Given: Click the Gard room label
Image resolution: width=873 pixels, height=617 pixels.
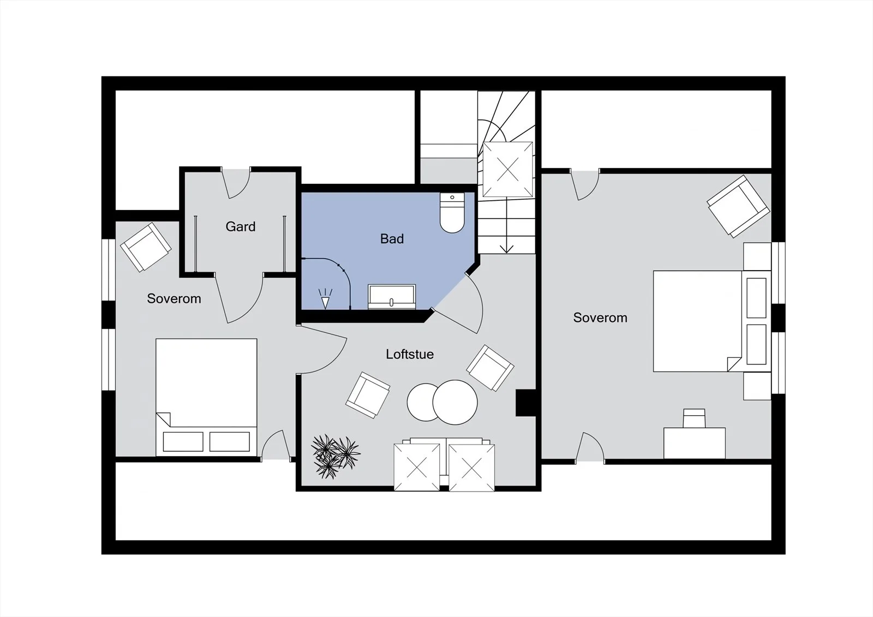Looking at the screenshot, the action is point(241,226).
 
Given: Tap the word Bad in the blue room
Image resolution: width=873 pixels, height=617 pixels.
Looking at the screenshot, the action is point(392,238).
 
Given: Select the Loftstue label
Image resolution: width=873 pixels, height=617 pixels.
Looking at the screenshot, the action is point(410,354).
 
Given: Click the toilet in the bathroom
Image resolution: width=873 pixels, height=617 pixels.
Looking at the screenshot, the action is point(452,212).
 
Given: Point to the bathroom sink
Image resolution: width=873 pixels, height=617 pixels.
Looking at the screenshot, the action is point(392,297).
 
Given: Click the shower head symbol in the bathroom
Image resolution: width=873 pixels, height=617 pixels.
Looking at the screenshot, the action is point(325,298).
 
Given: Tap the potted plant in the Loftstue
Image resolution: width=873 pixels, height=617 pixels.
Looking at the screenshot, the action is point(335,457).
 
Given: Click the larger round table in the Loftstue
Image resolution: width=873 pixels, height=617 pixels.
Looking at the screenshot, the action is point(455,402).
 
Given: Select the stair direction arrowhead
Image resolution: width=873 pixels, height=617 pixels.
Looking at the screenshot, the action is point(506,249).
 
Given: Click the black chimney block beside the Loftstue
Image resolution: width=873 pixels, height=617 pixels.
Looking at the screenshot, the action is point(526,403).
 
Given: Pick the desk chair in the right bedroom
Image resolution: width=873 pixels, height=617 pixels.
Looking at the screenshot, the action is point(694,418).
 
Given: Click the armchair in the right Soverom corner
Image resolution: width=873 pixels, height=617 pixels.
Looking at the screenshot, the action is point(738,206).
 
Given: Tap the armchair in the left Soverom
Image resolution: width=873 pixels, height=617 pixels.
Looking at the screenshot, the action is point(146,247).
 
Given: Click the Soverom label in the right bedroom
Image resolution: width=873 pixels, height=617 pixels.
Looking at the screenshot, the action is point(600,318).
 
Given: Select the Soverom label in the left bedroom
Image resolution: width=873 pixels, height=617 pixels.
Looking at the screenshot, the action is point(174,298).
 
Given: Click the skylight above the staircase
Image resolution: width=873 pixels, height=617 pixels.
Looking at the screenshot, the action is point(508,169).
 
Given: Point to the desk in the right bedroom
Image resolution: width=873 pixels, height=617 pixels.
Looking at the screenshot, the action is point(695,443).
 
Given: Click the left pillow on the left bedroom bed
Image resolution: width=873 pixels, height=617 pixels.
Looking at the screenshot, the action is point(183,441).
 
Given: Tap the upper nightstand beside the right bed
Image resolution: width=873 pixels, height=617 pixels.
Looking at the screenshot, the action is point(757,256).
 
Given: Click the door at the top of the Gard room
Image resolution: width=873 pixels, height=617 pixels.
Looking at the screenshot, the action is point(235,183).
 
